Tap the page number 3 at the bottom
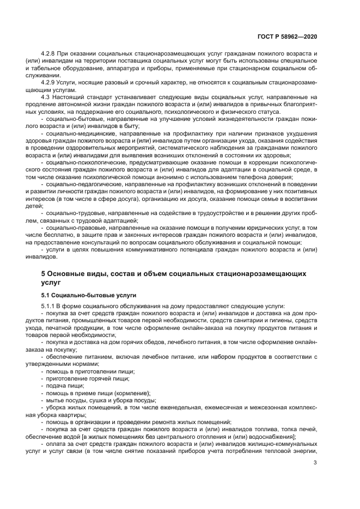[315, 463]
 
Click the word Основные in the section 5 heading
[67, 273]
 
